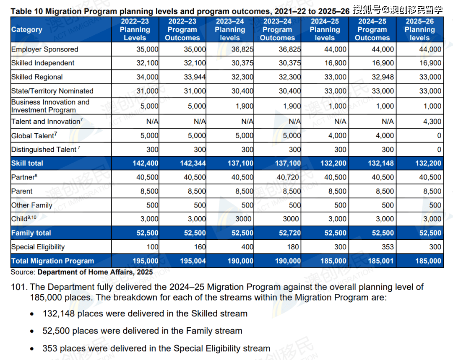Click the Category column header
coord(26,30)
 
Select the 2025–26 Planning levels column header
coord(419,30)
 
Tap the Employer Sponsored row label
coord(44,49)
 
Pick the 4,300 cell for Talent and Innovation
coord(432,122)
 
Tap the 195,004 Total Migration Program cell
coord(193,261)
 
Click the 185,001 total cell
coord(380,261)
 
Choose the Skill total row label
coord(27,163)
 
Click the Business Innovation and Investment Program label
coord(50,106)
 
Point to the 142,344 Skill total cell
coord(193,163)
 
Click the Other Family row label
coord(31,205)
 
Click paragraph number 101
coord(19,287)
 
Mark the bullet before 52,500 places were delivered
coord(33,331)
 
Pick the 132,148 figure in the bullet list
coord(59,313)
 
